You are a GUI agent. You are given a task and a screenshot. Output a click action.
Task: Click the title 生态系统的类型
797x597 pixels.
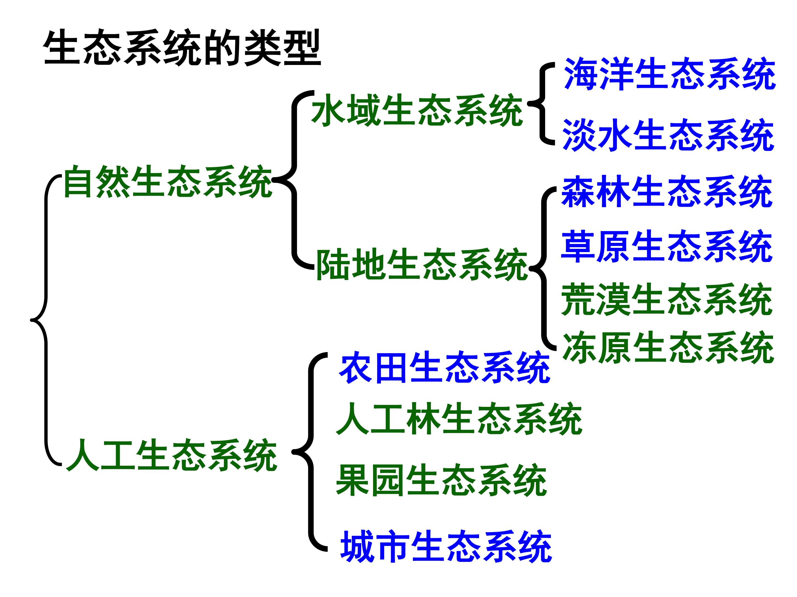182,48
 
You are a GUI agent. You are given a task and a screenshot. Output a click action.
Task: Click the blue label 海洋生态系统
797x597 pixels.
670,74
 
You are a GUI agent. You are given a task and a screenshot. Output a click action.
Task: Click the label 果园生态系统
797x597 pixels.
442,480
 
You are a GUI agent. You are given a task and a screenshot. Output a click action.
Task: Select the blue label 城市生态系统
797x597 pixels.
446,546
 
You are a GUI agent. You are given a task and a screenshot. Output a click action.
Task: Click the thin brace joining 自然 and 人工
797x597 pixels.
46,320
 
